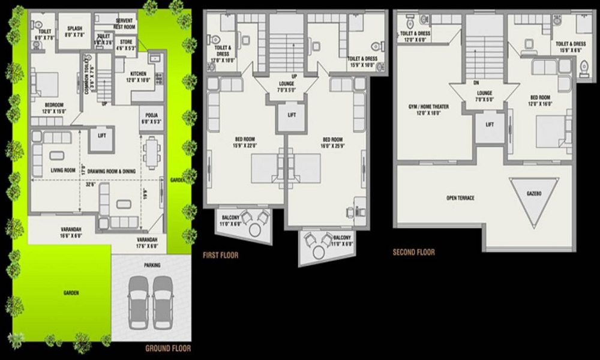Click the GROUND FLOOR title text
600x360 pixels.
(x=169, y=348)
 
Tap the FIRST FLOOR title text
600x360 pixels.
(x=220, y=255)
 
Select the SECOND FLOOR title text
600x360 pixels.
(x=413, y=252)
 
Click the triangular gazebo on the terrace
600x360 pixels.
(x=534, y=198)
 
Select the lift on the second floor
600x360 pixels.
(x=490, y=125)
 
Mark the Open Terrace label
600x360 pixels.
(x=460, y=197)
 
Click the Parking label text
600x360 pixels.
(x=152, y=264)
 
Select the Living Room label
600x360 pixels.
(x=64, y=170)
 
